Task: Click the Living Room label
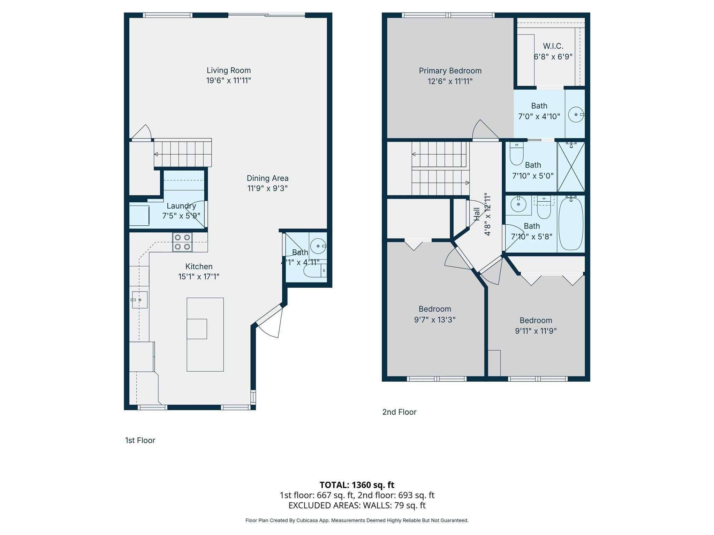(228, 70)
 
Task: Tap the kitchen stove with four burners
(182, 242)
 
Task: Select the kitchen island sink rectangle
(197, 328)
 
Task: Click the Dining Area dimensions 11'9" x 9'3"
(267, 188)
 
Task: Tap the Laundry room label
(181, 206)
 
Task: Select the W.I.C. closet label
(553, 46)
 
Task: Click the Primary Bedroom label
(450, 71)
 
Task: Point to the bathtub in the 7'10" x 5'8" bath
(571, 224)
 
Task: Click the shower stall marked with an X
(571, 166)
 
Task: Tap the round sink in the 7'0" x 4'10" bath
(576, 114)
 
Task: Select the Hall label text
(477, 214)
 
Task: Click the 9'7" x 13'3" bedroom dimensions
(435, 320)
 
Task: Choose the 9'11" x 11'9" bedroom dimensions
(535, 331)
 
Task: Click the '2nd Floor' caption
(399, 412)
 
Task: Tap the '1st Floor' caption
(140, 440)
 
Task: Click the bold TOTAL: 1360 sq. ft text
(357, 485)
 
